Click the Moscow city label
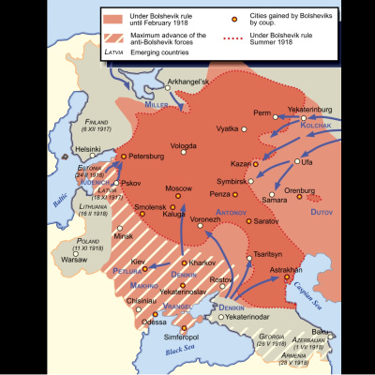178,188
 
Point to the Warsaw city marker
66,251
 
